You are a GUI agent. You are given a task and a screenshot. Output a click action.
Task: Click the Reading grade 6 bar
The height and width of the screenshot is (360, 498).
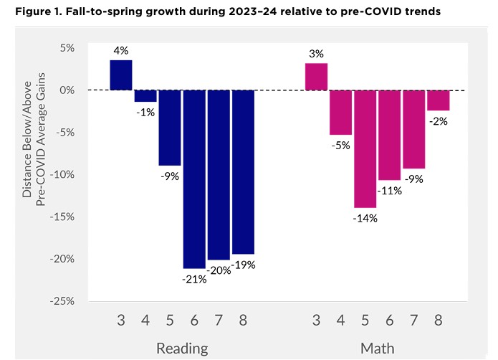[x=194, y=179]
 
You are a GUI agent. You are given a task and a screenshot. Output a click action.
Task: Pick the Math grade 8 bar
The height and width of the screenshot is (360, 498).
[x=438, y=100]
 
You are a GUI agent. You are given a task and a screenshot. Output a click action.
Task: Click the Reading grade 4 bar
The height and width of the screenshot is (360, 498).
[x=145, y=96]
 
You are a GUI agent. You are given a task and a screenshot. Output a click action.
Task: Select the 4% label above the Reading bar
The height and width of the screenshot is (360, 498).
[x=120, y=50]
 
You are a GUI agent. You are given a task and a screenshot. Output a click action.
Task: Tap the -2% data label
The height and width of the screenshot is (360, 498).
[x=438, y=121]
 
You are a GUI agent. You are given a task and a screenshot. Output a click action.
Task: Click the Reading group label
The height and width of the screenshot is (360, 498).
[x=182, y=349]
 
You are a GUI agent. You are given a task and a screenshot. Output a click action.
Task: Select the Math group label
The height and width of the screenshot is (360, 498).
[x=377, y=349]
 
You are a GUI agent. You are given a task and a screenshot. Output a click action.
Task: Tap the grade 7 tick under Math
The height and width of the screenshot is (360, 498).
[x=413, y=321]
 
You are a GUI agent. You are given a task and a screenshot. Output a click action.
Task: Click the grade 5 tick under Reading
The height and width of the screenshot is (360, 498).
[x=170, y=321]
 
